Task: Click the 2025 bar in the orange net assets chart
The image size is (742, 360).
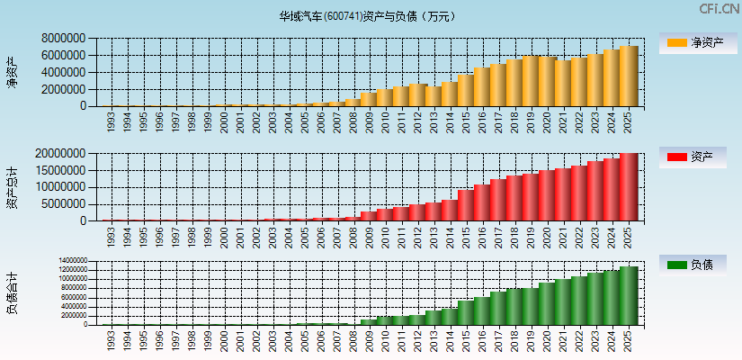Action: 629,76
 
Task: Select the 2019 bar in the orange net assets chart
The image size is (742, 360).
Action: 532,81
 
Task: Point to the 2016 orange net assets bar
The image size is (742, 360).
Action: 483,87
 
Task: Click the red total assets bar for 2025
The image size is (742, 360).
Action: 629,187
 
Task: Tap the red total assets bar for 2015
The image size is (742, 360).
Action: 467,205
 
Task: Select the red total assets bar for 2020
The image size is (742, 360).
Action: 548,195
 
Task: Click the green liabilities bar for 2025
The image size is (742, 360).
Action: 629,296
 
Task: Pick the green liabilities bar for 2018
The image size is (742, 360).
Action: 515,307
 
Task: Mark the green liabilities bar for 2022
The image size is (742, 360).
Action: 580,301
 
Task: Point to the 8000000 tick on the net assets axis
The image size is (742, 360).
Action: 63,39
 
